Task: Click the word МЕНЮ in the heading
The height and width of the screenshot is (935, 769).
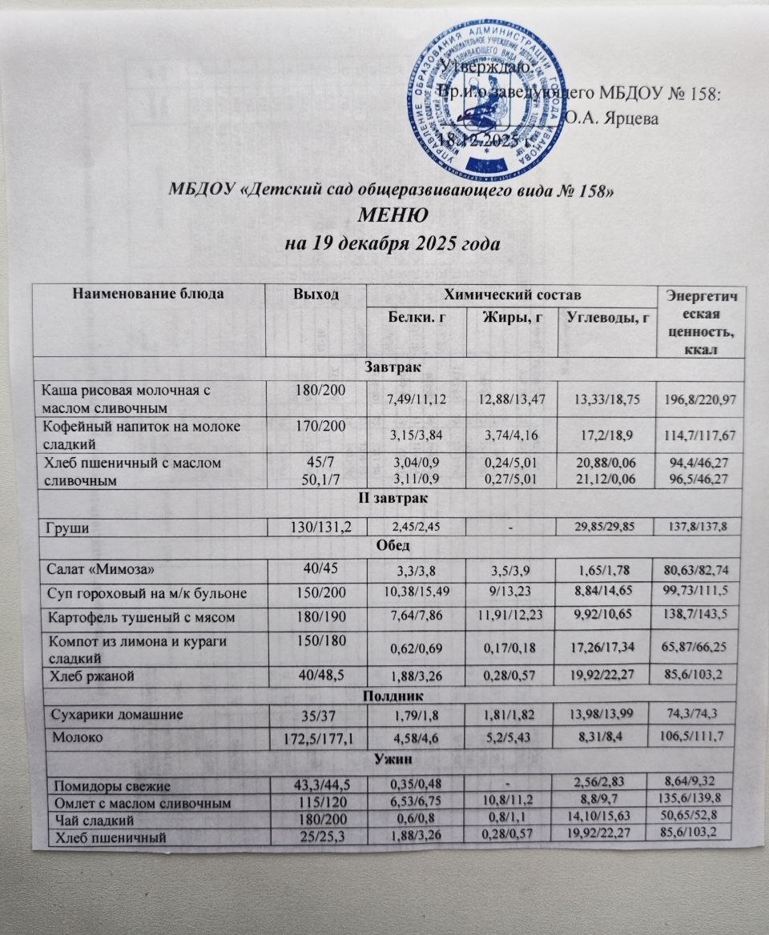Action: [x=390, y=217]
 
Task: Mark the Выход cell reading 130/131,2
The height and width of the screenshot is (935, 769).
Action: [x=316, y=524]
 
